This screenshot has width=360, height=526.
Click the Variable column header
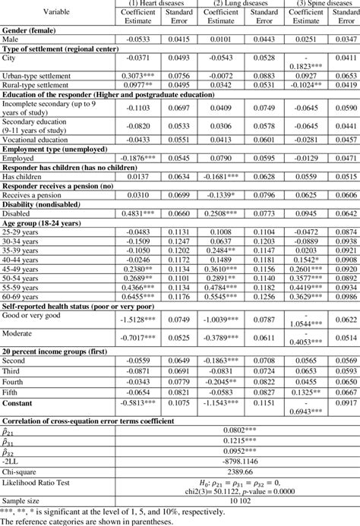(x=52, y=12)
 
